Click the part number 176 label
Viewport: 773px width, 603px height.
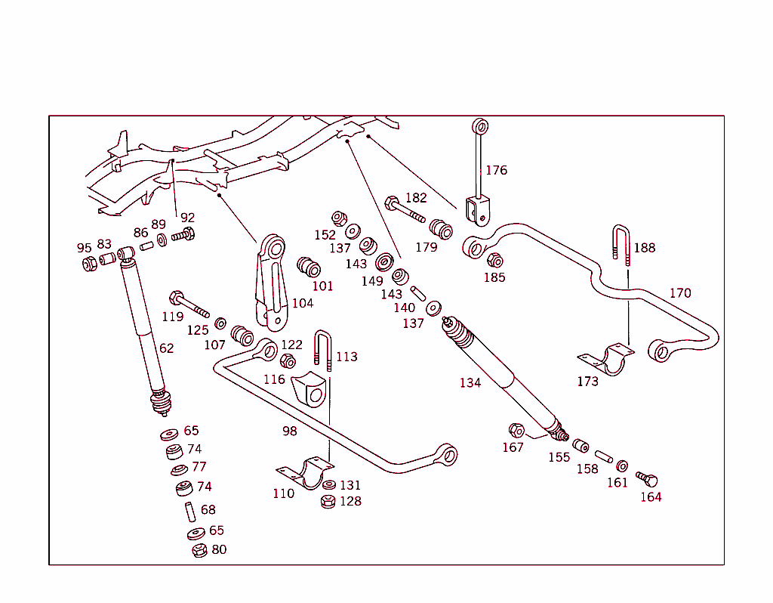496,170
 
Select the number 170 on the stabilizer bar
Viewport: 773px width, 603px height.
680,293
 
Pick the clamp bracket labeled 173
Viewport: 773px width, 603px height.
605,358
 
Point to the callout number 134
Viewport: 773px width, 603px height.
470,383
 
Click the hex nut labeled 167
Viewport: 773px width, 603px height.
517,431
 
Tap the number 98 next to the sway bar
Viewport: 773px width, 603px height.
289,431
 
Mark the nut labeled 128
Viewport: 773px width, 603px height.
328,501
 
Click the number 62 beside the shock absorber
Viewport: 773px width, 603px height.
166,348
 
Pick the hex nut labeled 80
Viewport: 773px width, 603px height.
199,550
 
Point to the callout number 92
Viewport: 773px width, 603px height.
187,218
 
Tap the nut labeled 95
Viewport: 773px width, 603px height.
89,264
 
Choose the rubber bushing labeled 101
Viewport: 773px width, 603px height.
310,267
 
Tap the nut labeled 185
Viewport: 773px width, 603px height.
495,261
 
